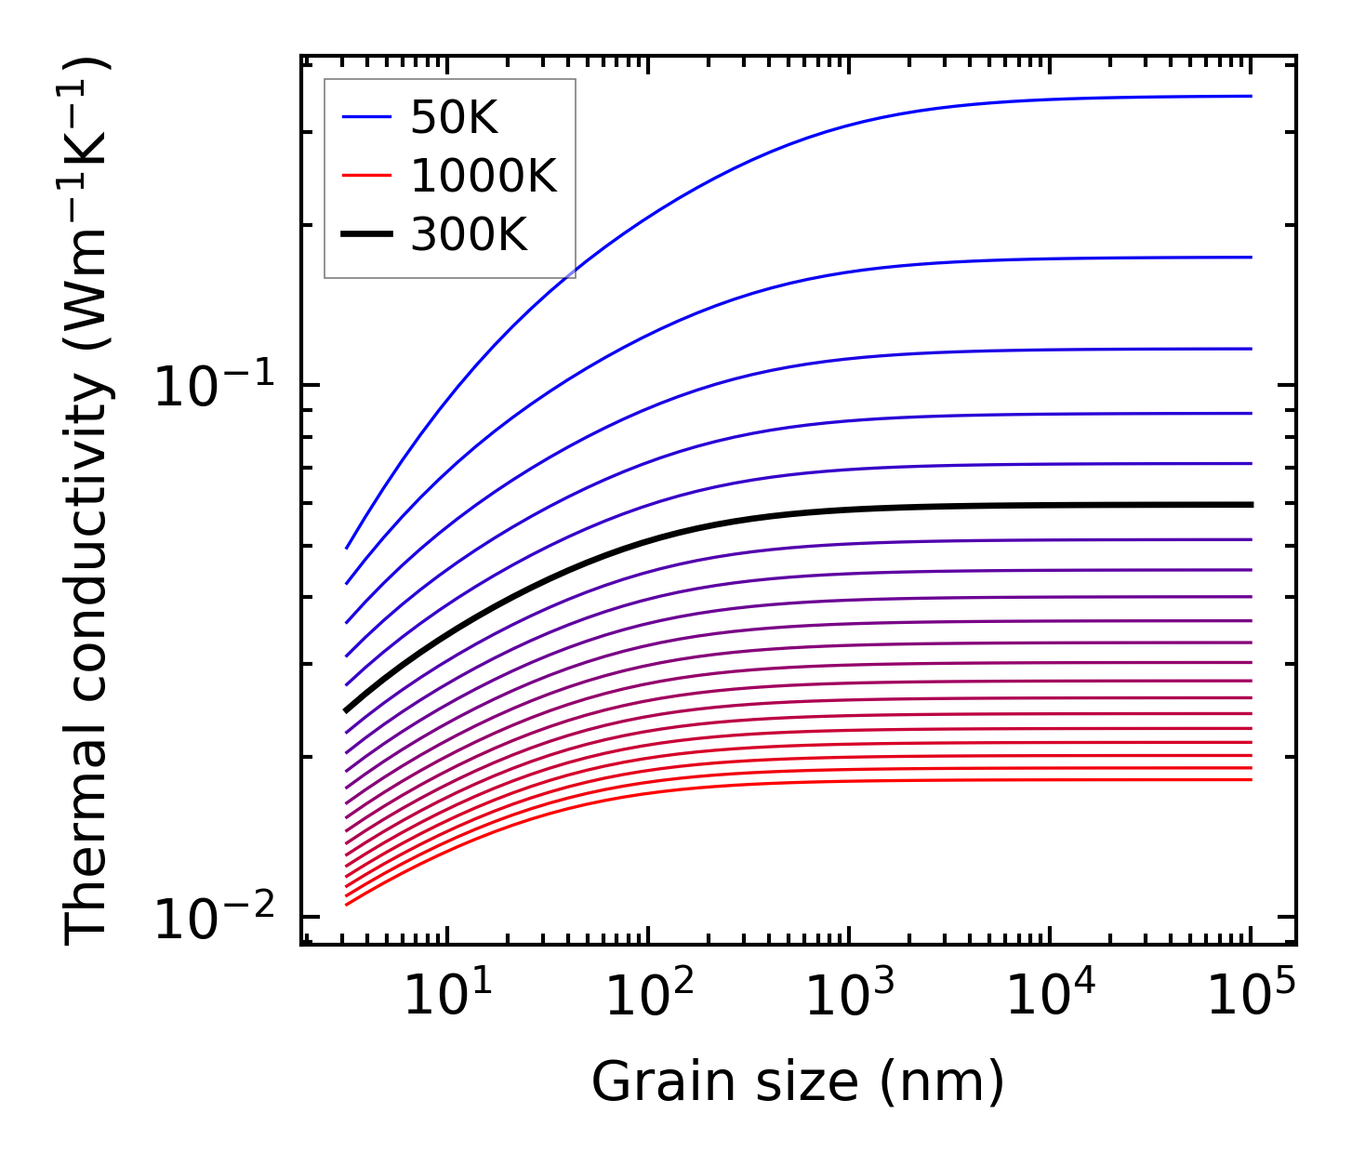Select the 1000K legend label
(484, 176)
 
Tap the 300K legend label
(469, 234)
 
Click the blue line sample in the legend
(367, 117)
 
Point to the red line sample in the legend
(367, 176)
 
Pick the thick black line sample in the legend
(367, 234)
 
